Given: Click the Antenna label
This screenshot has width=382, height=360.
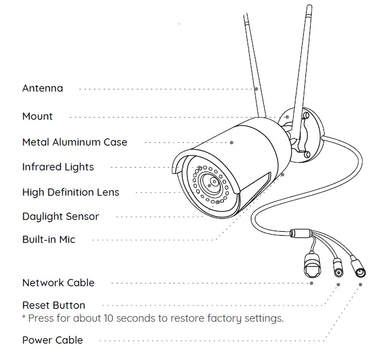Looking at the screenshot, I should [43, 88].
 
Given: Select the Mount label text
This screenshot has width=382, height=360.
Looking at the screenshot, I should [37, 116].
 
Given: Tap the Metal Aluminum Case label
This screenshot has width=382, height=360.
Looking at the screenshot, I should [75, 142].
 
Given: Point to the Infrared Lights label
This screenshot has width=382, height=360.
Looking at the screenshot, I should [58, 167].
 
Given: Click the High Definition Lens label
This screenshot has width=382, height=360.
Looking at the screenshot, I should [71, 192].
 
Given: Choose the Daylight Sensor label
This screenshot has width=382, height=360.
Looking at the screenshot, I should [61, 217].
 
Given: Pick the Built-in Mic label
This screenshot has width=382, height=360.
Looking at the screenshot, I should [48, 240].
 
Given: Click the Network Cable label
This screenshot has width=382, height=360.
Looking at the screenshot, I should [59, 283].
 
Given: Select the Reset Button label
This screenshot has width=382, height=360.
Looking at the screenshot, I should [54, 305].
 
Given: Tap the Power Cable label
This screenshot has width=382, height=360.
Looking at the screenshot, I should [52, 340].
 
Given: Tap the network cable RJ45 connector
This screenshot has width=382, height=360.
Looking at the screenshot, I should [312, 263].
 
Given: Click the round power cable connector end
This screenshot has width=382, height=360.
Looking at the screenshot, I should [360, 272].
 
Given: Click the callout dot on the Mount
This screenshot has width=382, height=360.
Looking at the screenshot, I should [287, 117].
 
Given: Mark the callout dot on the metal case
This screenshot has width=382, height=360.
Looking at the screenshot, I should [231, 143].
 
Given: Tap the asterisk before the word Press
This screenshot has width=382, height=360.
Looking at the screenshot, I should [24, 318].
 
